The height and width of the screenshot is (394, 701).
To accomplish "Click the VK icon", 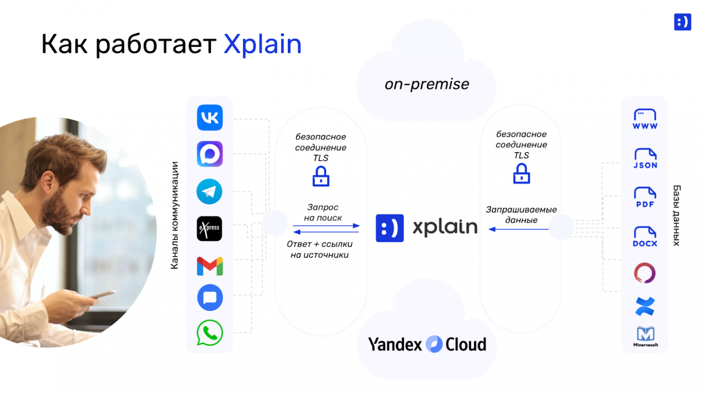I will tap(210, 118).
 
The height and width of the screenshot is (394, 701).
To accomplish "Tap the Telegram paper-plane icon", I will tap(209, 192).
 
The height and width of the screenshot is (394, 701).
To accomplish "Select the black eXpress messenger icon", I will tap(209, 228).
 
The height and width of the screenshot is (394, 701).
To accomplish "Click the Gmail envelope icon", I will tap(210, 266).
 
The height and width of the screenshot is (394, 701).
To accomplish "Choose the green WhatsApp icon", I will tap(209, 333).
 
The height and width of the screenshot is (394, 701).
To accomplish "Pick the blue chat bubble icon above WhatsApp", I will tap(210, 298).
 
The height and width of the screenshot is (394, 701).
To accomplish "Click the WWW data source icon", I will tap(645, 119).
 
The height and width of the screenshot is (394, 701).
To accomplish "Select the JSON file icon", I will tap(645, 158).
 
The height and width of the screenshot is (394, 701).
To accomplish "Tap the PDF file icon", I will tap(645, 197).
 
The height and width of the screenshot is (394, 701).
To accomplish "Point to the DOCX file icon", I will tap(645, 237).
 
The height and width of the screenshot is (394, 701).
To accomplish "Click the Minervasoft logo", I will tap(645, 336).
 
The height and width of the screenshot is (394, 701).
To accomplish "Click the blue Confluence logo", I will tap(645, 306).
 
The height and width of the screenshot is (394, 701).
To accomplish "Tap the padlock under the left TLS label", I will tap(321, 176).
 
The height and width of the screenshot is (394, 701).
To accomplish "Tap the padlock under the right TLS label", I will tap(521, 174).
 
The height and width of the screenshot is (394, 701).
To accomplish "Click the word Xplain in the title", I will tap(262, 44).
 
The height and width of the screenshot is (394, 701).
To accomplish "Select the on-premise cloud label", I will tap(426, 84).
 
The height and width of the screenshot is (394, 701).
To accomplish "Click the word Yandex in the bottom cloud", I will tap(395, 345).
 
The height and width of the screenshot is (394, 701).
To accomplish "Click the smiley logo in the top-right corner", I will tap(682, 22).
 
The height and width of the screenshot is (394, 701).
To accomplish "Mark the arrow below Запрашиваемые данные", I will tap(519, 229).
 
